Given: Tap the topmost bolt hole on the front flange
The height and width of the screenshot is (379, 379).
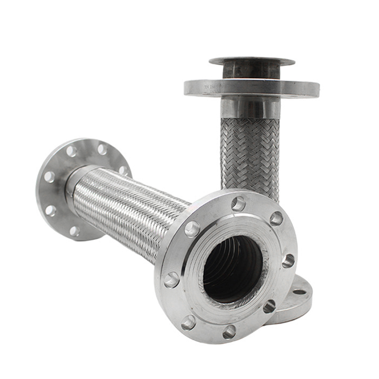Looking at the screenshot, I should coord(238,204).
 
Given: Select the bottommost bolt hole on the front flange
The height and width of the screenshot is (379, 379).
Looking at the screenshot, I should coord(229,331).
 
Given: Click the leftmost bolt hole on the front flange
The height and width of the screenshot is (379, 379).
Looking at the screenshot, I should coord(171,280).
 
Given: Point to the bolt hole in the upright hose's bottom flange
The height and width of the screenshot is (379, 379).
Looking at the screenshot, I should coord(299,292).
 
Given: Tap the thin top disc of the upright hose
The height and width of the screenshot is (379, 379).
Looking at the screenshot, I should coord(252,61).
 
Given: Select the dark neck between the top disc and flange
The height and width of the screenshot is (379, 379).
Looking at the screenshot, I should coord(251,71).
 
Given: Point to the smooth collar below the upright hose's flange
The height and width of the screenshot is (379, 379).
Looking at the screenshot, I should coord(250,108).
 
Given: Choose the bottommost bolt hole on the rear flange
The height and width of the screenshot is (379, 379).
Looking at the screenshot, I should coord(74,231).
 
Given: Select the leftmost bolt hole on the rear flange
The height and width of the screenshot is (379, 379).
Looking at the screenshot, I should coord(49,177).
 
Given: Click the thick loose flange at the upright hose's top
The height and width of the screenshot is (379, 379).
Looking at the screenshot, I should coord(251,88).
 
